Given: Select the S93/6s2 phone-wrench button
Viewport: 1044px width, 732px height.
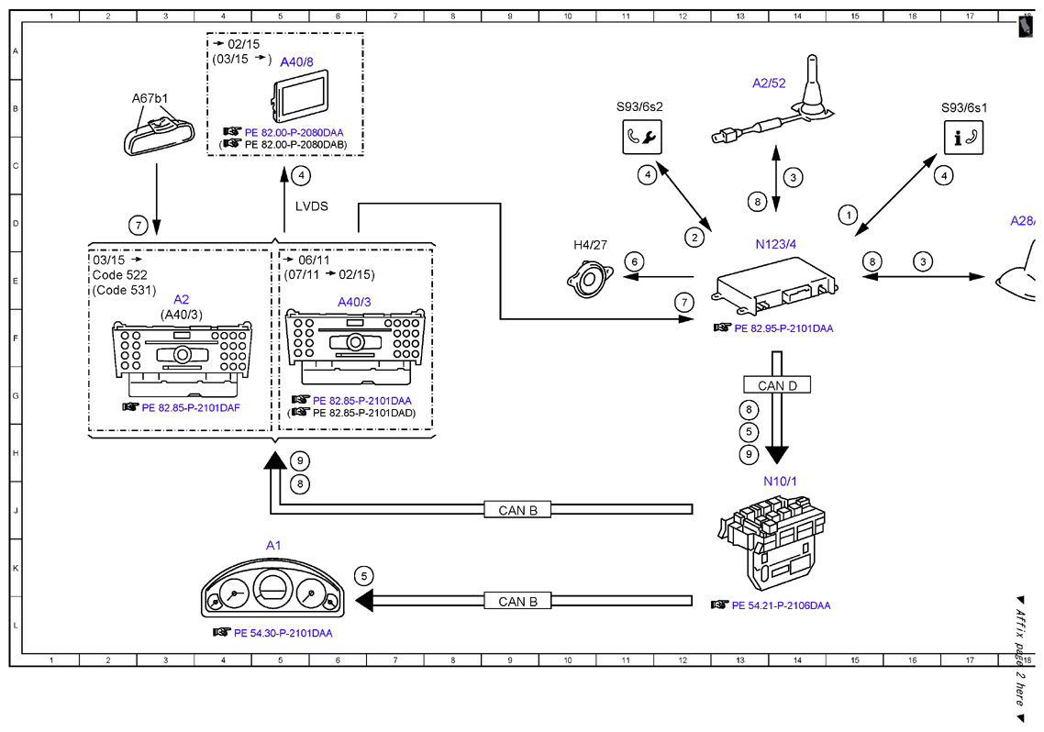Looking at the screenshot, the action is [642, 137].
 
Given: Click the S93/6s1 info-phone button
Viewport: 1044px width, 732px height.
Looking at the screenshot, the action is [963, 138].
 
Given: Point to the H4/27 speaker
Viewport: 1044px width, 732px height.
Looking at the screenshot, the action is [590, 281].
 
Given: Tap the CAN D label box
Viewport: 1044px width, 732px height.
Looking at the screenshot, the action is [777, 385].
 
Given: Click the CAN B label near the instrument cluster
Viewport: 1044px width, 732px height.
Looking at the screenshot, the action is [517, 602].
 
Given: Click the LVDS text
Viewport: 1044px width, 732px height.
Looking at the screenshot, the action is [312, 206].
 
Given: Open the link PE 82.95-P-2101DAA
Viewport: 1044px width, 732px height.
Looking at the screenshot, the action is [783, 328].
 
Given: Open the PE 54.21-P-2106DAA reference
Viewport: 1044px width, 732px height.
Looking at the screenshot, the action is [781, 605].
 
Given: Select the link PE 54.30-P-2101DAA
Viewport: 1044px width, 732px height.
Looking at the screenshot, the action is [283, 633].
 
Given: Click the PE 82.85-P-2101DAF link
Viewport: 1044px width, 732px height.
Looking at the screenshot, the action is [191, 407].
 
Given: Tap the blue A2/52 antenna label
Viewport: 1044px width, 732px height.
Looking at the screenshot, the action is [769, 83].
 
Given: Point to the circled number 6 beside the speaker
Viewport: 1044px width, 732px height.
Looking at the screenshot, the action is [634, 261].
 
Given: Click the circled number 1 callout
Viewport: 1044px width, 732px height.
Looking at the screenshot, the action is [848, 215].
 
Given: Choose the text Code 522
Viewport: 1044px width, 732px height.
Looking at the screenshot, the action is [120, 275].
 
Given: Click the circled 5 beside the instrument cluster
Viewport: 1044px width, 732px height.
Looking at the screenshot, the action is [363, 576].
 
